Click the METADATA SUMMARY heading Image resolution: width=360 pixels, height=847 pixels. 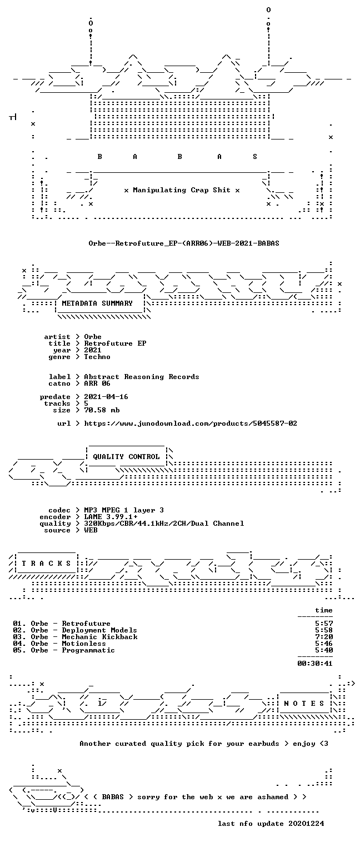97,303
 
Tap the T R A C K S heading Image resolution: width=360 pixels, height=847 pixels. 46,564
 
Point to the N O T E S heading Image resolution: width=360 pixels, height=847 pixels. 304,703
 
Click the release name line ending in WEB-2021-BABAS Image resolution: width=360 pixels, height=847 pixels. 184,243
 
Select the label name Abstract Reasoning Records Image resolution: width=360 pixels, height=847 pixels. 142,377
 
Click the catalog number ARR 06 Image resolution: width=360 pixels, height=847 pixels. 97,383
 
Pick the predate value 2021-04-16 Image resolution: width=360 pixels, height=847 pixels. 106,397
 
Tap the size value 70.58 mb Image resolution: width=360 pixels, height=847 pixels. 102,410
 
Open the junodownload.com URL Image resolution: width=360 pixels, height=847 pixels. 191,423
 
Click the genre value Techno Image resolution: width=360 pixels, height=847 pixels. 97,357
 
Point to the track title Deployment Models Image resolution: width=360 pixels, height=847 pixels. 99,630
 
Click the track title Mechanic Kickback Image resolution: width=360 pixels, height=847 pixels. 99,637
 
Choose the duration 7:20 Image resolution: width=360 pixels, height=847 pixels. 324,637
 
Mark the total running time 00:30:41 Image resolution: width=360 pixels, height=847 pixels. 315,663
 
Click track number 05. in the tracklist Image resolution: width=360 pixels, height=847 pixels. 19,650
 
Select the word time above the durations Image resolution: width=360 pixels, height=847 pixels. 324,610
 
